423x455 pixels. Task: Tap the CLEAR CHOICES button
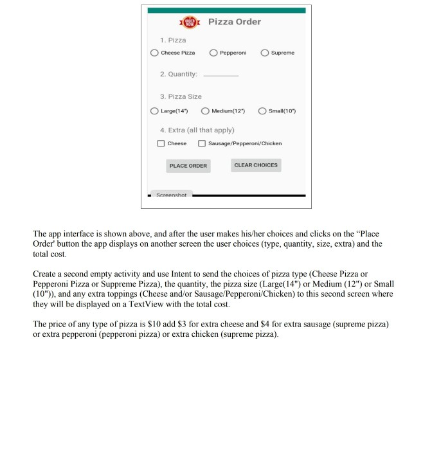[256, 165]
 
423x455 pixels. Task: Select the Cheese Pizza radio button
[154, 53]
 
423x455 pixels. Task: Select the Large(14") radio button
[154, 111]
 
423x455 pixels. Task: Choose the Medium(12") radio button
[206, 111]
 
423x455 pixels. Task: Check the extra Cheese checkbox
[162, 143]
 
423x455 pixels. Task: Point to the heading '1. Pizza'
[174, 40]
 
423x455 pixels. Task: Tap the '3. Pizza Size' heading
[181, 96]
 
